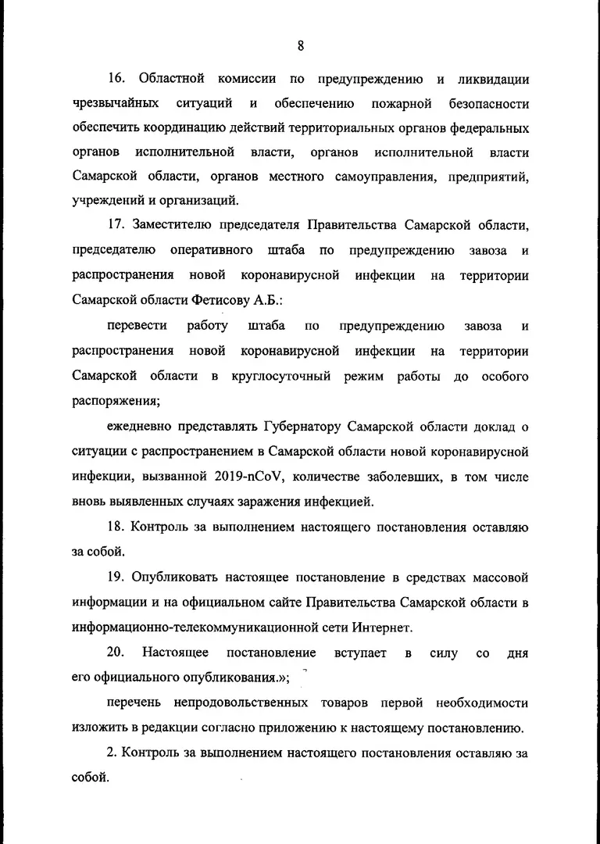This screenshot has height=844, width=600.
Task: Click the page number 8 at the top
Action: coord(300,45)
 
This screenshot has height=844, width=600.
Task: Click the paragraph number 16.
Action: coord(116,80)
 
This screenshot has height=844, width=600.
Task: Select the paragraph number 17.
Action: coord(117,226)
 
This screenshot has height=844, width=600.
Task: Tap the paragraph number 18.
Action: coord(116,527)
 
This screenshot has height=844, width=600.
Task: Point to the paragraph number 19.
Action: coord(116,578)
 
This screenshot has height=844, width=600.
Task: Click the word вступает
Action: coord(360,653)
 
